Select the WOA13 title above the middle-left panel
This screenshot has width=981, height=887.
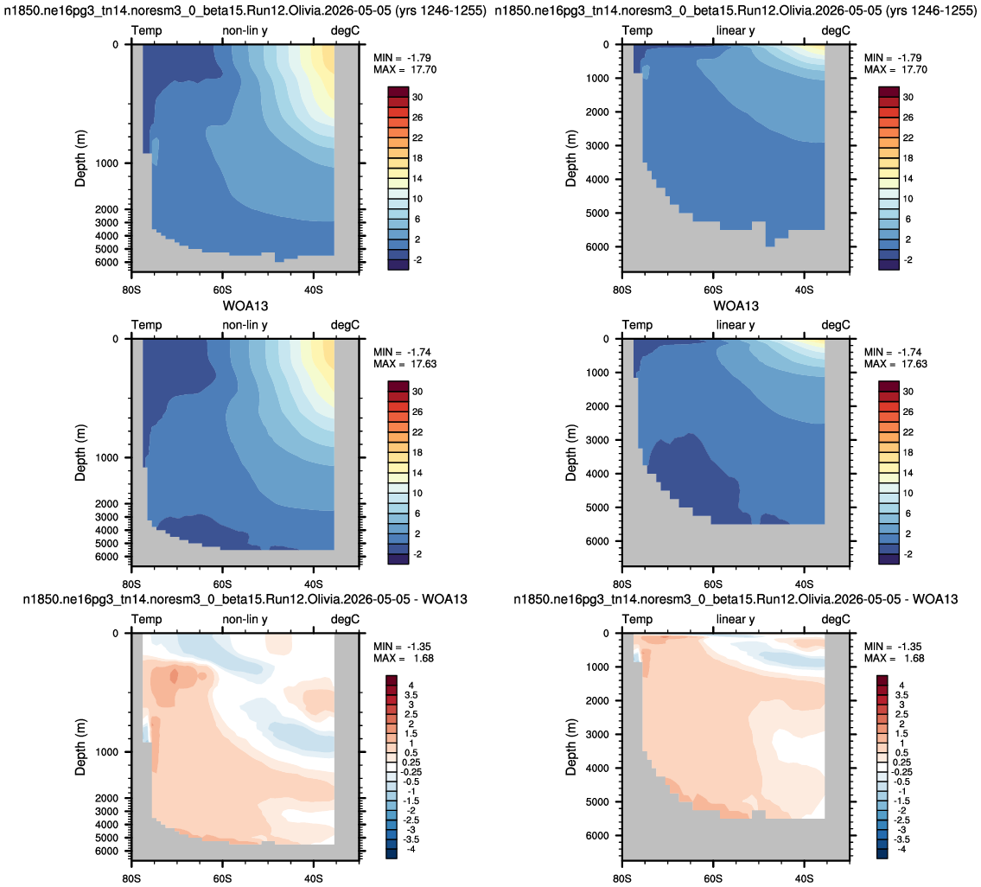(245, 306)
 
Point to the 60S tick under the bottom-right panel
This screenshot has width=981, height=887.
(712, 878)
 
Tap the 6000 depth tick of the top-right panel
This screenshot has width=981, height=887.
(597, 246)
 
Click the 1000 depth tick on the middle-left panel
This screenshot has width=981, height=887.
(106, 457)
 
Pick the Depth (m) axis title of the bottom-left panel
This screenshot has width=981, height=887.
(80, 747)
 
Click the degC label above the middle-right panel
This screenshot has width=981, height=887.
(836, 325)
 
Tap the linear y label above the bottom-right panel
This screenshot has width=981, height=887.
(736, 619)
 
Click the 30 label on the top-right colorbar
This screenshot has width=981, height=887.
(908, 97)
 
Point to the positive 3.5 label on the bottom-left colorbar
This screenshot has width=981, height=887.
(411, 695)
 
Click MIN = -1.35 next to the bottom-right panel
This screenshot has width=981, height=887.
(893, 647)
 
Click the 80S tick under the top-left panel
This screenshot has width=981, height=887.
(131, 290)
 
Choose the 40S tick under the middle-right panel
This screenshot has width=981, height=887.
(804, 584)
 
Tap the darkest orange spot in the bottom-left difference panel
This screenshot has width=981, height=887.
(174, 675)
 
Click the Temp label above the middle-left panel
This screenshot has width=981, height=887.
(146, 325)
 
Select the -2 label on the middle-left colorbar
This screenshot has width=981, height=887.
(417, 554)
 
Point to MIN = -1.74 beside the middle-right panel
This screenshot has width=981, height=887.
(893, 353)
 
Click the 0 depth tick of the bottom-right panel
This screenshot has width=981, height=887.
(606, 633)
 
